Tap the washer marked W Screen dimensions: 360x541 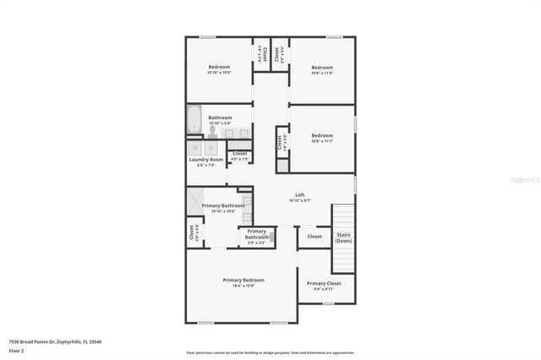pos(195,148)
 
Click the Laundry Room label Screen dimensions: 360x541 pos(205,160)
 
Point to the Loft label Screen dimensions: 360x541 pos(299,194)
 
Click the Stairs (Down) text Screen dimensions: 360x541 pos(343,238)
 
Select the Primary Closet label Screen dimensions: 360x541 pos(324,283)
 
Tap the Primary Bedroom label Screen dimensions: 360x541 pos(243,280)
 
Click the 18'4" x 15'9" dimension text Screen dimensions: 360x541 pos(243,286)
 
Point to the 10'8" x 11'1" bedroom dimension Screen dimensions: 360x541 pos(322,141)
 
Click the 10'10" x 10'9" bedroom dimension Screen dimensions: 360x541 pos(219,73)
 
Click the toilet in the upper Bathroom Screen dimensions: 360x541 pos(212,129)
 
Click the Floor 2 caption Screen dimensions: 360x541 pos(17,350)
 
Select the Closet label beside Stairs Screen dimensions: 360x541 pos(314,237)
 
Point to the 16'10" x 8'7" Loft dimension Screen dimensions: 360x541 pos(299,200)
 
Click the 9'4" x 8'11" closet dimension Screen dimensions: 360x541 pos(324,289)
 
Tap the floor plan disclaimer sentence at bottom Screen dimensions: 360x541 pos(270,352)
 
